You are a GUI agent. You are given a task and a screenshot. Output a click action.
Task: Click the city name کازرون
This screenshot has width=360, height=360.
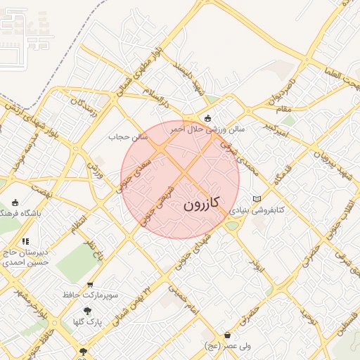[202, 205]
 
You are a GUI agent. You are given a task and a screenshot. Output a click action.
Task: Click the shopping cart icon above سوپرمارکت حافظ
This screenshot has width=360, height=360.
[90, 285]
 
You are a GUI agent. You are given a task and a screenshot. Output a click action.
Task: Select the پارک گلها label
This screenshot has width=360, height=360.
[89, 322]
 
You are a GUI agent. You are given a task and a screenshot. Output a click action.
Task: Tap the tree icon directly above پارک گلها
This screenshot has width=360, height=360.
[87, 311]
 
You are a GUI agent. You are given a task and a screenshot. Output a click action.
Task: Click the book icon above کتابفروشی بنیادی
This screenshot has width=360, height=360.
[257, 199]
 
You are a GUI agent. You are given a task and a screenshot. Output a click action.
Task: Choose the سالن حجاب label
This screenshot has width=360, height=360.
[128, 136]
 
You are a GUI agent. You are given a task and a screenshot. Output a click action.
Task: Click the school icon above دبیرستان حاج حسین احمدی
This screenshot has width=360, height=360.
[26, 242]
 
